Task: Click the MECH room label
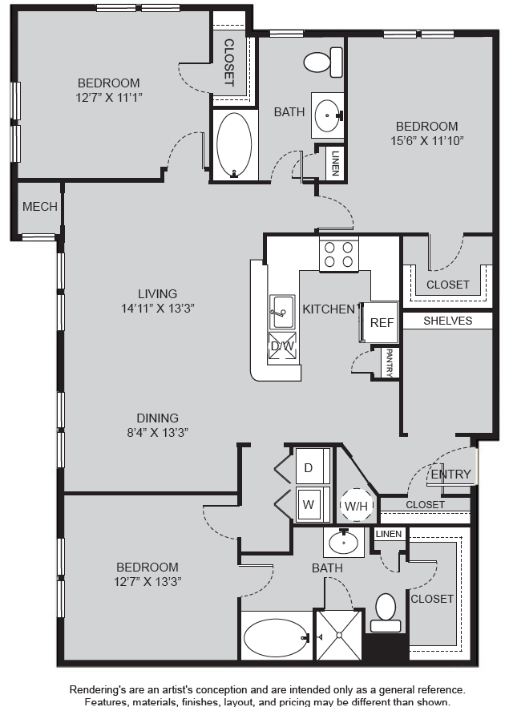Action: coord(40,207)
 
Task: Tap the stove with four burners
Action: coord(339,254)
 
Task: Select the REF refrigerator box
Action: coord(382,322)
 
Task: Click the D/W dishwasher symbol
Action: coord(283,346)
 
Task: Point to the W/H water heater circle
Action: coord(356,506)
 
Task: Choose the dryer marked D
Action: coord(313,467)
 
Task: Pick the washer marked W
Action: coord(313,504)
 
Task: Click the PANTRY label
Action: coord(390,363)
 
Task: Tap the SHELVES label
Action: coord(447,321)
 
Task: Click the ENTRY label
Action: coord(450,474)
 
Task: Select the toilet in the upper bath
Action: coord(323,63)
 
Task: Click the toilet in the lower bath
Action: coord(386,613)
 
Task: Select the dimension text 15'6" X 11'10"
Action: coord(427,141)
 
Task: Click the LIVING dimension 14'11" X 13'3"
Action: coord(158,309)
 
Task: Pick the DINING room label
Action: coord(158,418)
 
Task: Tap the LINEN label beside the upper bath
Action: coord(335,164)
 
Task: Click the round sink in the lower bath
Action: coord(344,543)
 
